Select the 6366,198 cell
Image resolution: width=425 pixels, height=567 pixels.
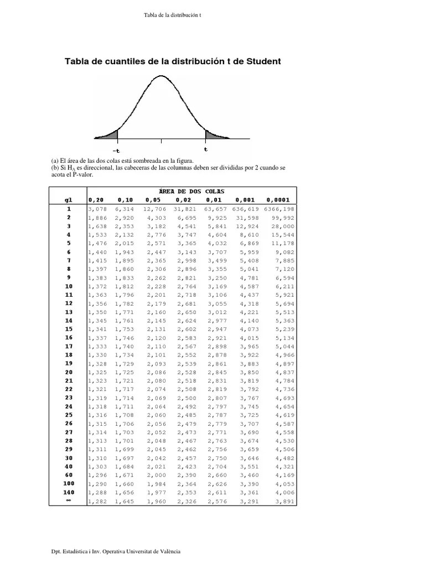coord(279,209)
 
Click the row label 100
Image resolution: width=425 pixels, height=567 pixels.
coord(69,483)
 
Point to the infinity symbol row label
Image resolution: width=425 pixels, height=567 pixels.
coord(69,501)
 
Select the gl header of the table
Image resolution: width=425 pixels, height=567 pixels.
coord(69,200)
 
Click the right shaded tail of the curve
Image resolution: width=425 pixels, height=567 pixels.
coord(212,134)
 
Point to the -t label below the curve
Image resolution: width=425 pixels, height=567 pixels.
coord(116,150)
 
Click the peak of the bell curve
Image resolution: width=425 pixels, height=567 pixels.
coord(161,76)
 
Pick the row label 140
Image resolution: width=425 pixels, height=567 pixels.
coord(69,492)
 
